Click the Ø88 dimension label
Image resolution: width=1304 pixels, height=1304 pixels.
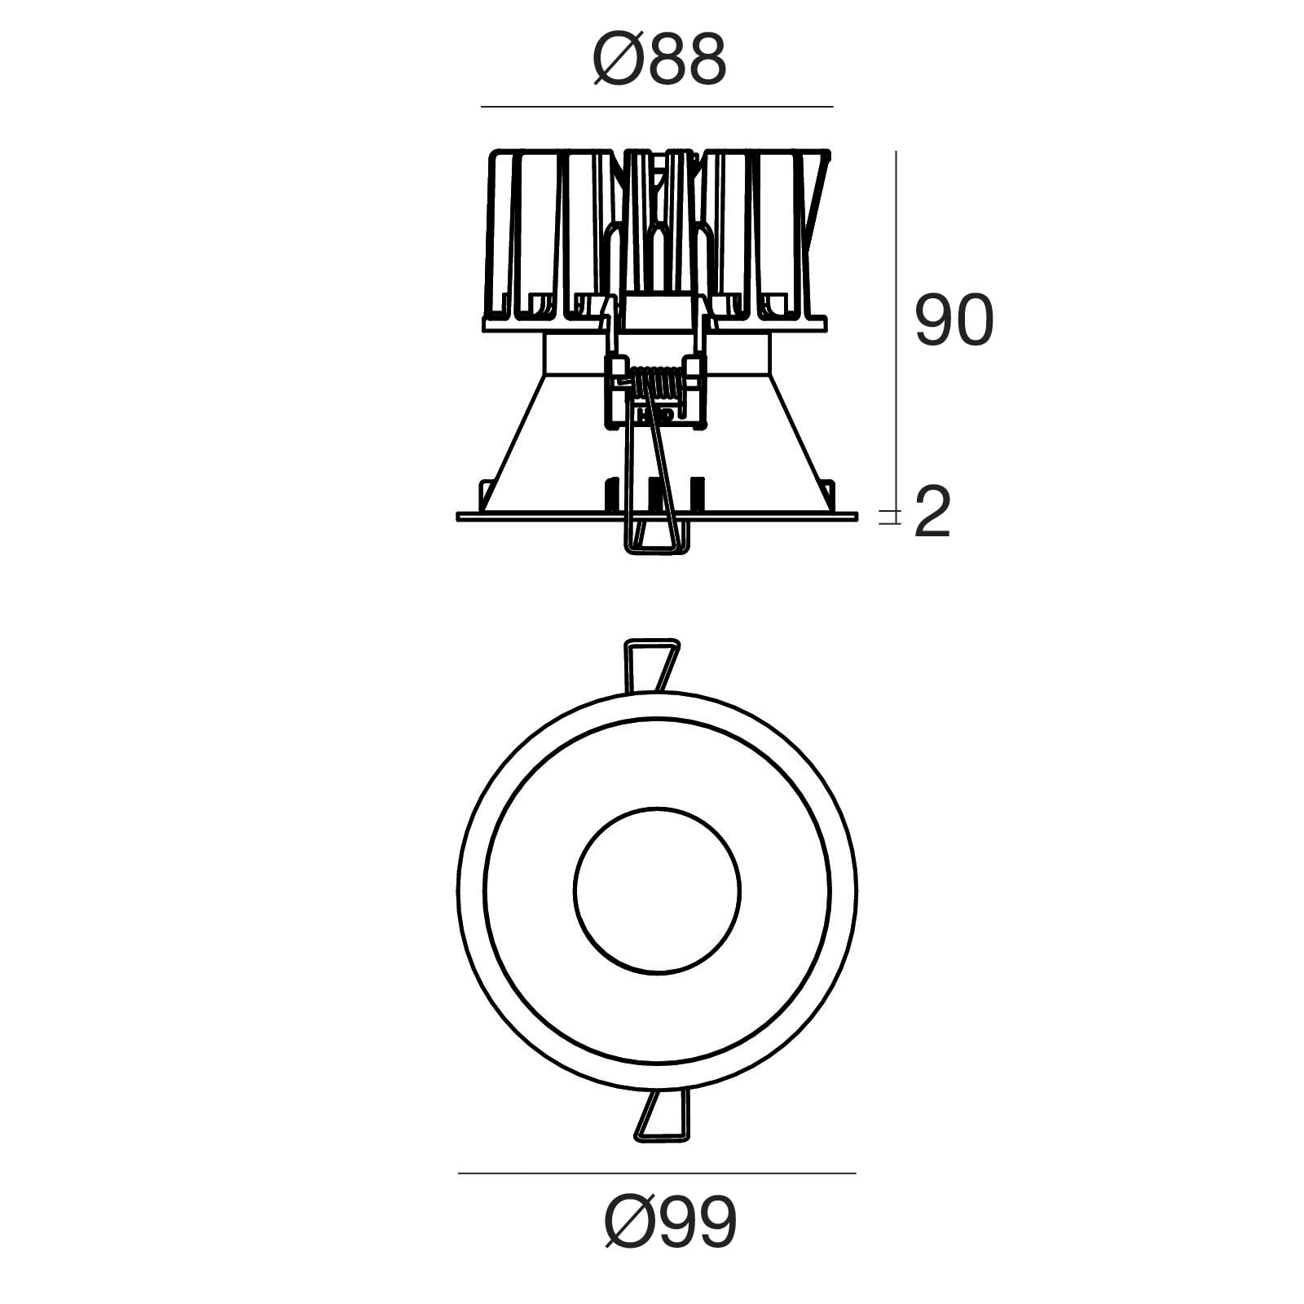tap(659, 59)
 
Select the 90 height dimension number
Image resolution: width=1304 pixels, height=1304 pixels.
tap(954, 320)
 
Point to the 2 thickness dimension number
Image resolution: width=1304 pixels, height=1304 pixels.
tap(932, 513)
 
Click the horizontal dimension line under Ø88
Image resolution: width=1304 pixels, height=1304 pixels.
tap(657, 107)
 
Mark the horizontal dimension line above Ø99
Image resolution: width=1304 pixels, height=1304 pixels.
tap(657, 1174)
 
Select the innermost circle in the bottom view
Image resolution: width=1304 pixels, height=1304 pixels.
tap(657, 890)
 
